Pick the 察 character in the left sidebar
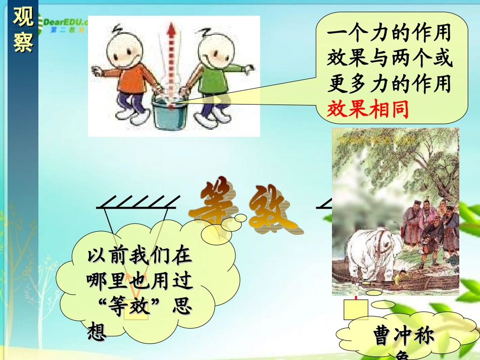[x=23, y=43]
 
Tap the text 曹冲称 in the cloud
[x=404, y=336]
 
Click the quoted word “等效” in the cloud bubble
[x=130, y=307]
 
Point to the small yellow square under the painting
[x=356, y=309]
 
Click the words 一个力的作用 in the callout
[x=389, y=35]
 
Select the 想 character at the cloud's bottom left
[x=97, y=331]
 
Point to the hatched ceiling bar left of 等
[x=136, y=202]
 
